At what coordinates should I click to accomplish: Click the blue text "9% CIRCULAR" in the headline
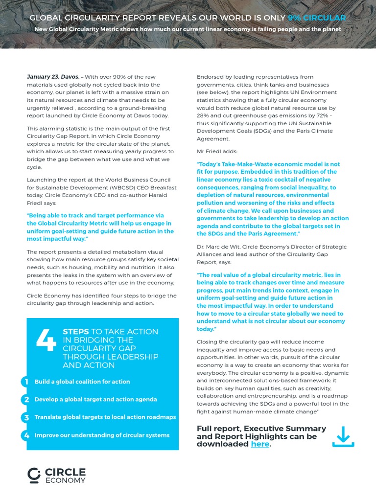point(317,18)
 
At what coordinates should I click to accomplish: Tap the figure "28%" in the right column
point(204,115)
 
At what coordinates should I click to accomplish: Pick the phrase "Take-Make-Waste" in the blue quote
point(245,164)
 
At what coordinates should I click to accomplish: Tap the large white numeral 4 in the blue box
point(47,340)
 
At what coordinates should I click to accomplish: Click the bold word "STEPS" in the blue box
point(76,332)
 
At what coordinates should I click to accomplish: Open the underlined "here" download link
point(259,444)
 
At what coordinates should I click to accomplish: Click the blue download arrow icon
point(343,436)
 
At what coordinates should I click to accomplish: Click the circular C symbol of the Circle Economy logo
point(34,475)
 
